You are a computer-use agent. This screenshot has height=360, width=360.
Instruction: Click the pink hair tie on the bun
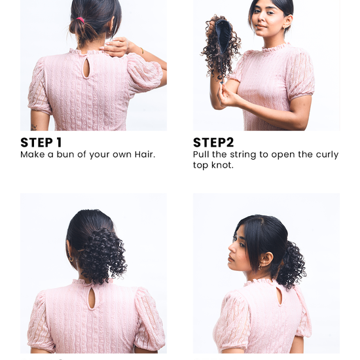[81, 20]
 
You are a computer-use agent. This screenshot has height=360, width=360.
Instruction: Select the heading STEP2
[213, 143]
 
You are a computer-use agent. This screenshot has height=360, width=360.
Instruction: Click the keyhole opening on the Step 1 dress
[85, 69]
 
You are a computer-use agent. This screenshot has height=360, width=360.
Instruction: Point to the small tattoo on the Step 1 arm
[34, 126]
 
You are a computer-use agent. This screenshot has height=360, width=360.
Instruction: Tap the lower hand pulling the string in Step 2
[229, 96]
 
